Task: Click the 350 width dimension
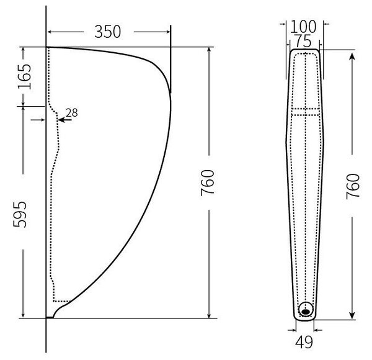coord(107,32)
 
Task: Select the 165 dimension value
coord(24,76)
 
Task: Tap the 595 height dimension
coord(20,214)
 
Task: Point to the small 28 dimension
coord(72,113)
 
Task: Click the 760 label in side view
coord(207,182)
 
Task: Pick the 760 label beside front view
coord(353,186)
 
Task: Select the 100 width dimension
coord(303,27)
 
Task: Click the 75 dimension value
coord(303,41)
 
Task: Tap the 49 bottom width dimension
coord(304,342)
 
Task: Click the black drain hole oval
coord(306,312)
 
